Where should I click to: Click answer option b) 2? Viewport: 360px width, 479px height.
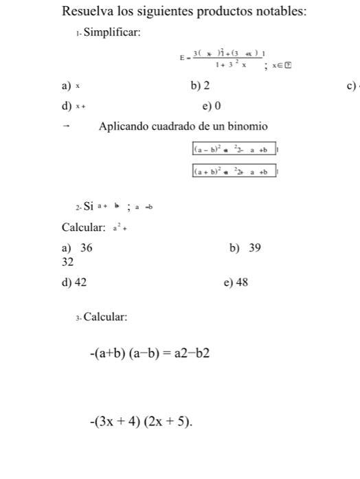pos(201,86)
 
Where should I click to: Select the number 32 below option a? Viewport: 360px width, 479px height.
pos(67,262)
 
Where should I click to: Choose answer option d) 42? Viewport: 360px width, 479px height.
pos(74,282)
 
